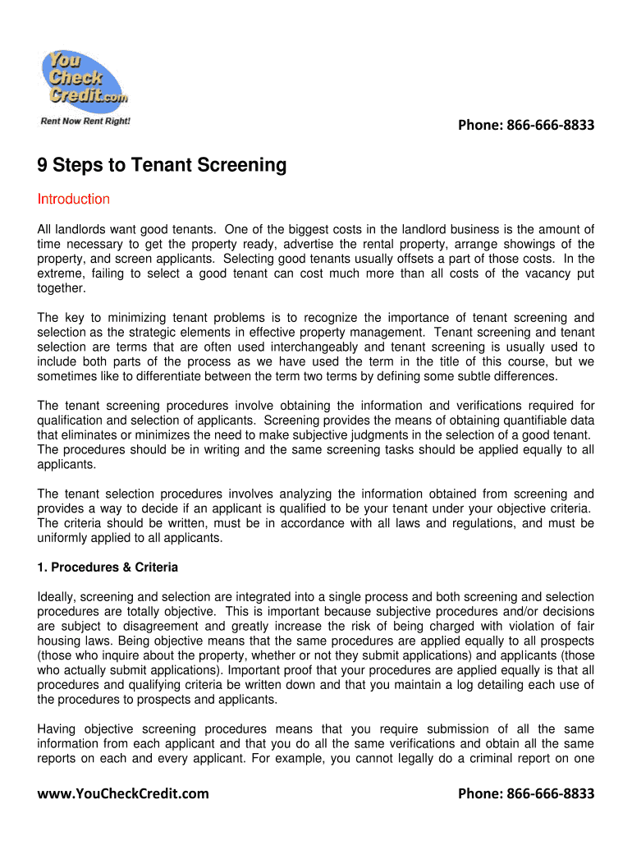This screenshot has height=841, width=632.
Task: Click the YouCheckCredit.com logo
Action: (84, 80)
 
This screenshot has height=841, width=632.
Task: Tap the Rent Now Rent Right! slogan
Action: (85, 122)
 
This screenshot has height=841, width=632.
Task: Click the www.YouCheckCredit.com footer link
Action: (123, 793)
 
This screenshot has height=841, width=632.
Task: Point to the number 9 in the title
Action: (43, 166)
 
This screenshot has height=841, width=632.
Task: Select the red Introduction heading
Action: (74, 200)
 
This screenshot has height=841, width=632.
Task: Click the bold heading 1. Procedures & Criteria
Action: (108, 568)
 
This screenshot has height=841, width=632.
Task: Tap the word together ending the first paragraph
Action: (62, 288)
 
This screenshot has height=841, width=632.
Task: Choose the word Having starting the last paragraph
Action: (58, 729)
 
